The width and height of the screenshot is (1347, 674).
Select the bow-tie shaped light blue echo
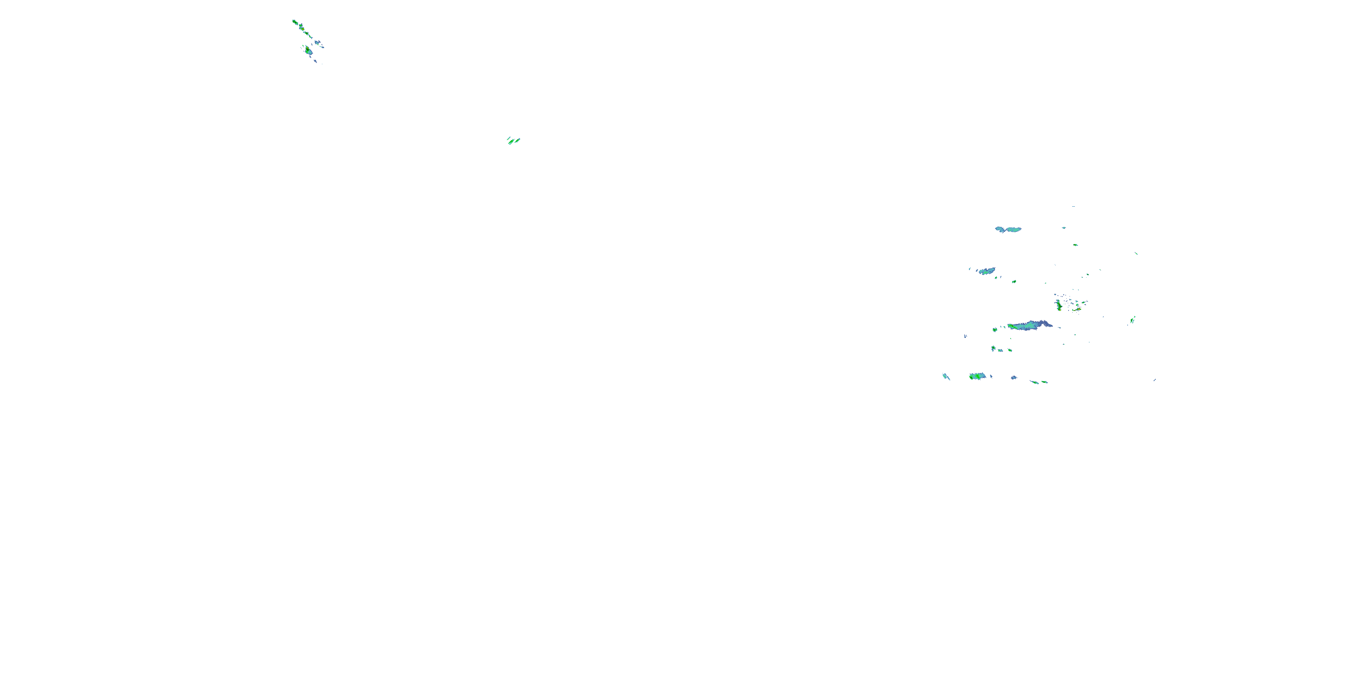(x=1008, y=229)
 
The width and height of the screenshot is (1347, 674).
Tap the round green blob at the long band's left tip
(x=995, y=330)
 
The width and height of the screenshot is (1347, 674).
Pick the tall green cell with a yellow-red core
(x=1058, y=305)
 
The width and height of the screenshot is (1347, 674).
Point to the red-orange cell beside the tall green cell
(x=1078, y=309)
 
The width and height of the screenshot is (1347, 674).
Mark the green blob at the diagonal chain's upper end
(x=295, y=22)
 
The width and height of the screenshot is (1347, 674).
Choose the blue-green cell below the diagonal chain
(x=308, y=51)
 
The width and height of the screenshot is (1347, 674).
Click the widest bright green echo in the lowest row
(x=977, y=376)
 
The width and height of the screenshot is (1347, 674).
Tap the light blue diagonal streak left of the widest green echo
(x=946, y=376)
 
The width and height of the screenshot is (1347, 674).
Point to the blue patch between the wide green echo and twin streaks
(x=1014, y=377)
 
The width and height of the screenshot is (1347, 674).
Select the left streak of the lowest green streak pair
(x=1034, y=381)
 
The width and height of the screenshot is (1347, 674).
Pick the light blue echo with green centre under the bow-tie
(x=986, y=271)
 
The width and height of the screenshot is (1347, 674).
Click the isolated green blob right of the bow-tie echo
(x=1075, y=244)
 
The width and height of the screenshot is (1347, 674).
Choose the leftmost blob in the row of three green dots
(x=993, y=348)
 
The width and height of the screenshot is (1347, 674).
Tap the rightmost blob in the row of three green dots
(x=1010, y=350)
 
